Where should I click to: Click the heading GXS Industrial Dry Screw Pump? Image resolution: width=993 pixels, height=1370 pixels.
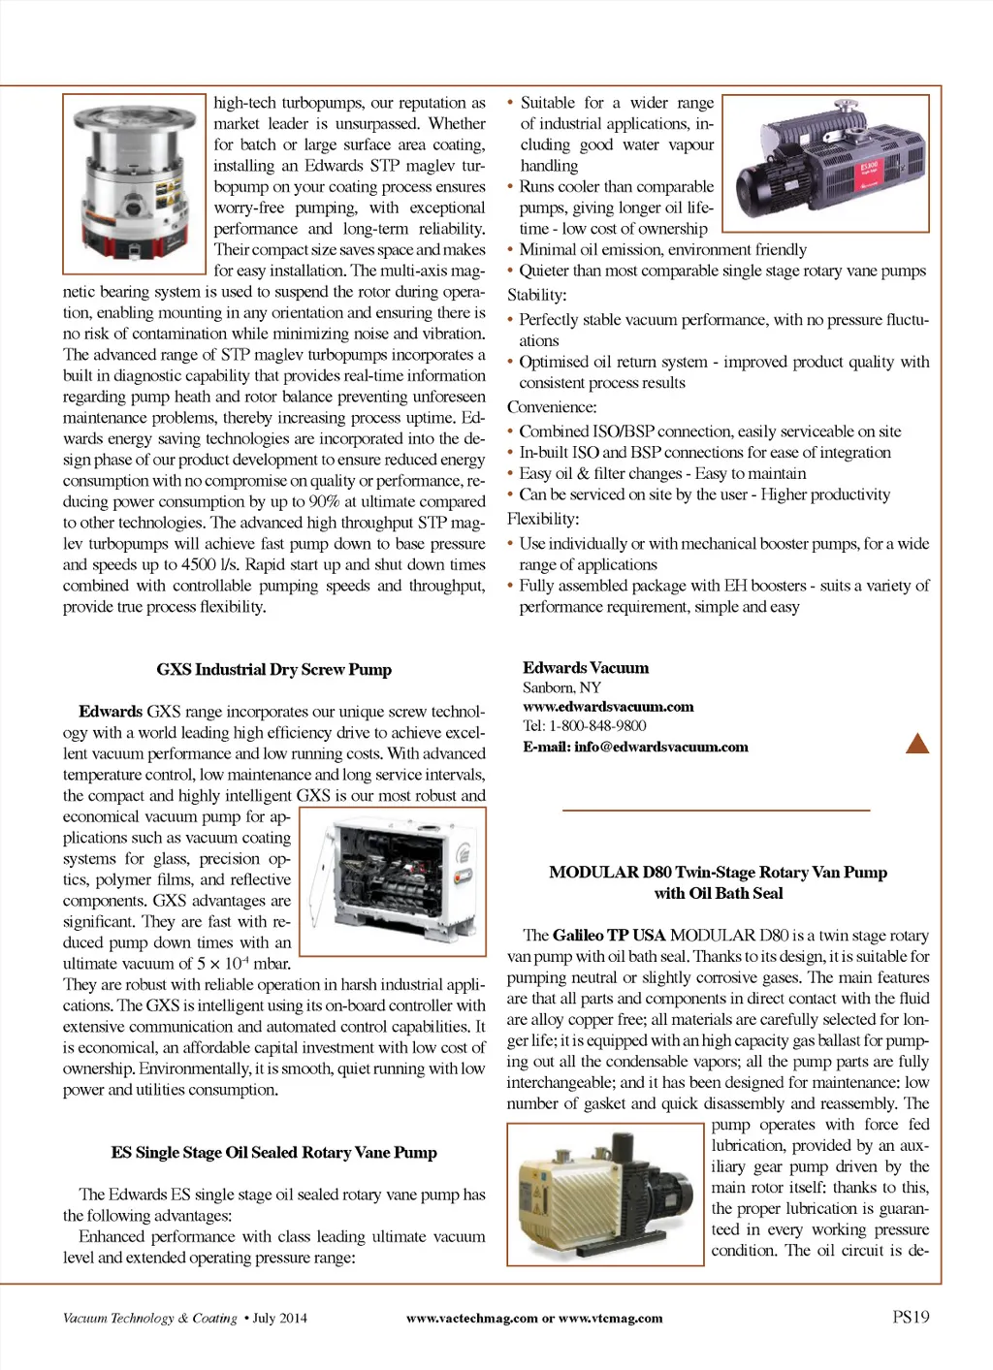(x=273, y=670)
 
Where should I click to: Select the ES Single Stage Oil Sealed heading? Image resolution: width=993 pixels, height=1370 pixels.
(x=273, y=1153)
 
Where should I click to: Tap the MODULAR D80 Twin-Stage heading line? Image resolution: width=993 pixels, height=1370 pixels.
(x=718, y=873)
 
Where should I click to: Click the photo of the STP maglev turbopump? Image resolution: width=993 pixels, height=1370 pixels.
(x=135, y=183)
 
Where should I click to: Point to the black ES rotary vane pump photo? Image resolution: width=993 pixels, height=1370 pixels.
(x=825, y=163)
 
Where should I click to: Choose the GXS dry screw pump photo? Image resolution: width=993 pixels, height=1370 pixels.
(x=392, y=881)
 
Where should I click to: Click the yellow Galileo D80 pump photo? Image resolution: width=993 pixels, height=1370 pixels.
(x=605, y=1194)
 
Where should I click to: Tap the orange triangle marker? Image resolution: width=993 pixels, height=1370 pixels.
(x=916, y=744)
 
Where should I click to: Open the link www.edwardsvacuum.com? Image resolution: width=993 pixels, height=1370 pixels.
(x=608, y=707)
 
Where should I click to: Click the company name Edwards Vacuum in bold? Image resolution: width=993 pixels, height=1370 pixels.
(x=586, y=668)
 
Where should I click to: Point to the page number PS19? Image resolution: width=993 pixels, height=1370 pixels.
(x=911, y=1317)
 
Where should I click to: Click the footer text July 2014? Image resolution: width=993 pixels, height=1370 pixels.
(x=279, y=1319)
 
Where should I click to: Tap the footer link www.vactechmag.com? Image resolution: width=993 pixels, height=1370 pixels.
(x=471, y=1319)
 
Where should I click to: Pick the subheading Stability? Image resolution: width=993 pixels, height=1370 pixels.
(x=536, y=295)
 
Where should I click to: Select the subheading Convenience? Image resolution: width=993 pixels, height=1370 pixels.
(x=552, y=407)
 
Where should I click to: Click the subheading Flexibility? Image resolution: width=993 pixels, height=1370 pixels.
(x=542, y=520)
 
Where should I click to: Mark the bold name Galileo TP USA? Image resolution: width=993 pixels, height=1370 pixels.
(x=608, y=936)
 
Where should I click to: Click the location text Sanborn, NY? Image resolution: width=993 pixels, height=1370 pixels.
(x=561, y=687)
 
